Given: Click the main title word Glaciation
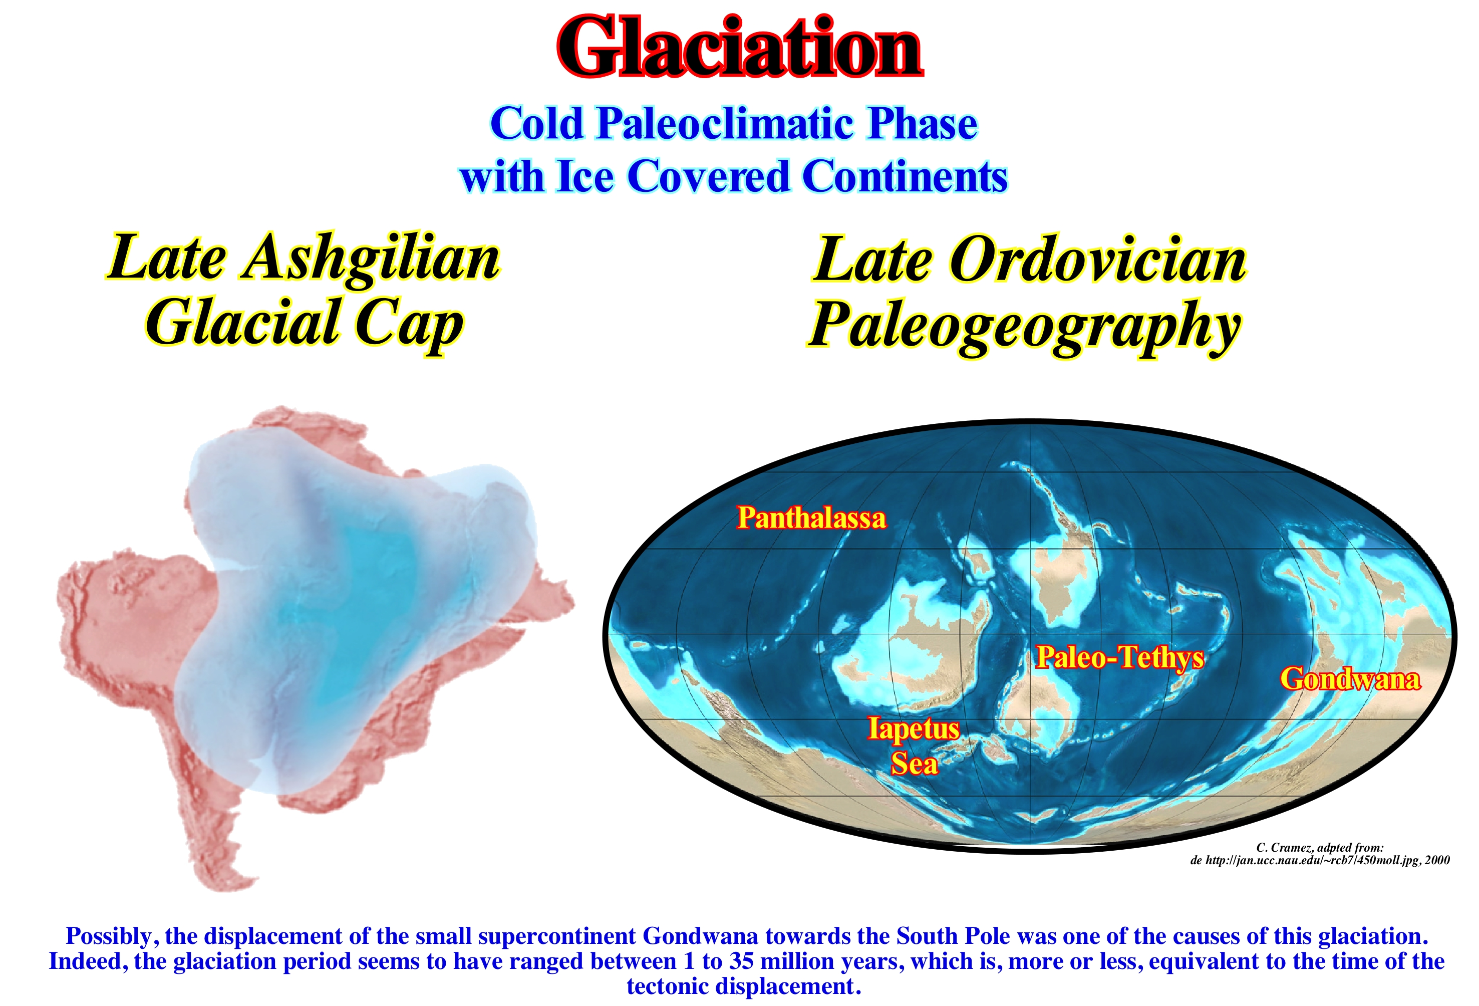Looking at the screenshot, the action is pyautogui.click(x=739, y=47).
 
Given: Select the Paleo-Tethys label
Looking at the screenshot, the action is pyautogui.click(x=1120, y=657).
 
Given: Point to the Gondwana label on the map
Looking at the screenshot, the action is pyautogui.click(x=1350, y=679).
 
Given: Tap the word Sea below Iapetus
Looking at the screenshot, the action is pyautogui.click(x=915, y=764).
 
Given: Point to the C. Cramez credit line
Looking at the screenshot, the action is pyautogui.click(x=1320, y=848).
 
